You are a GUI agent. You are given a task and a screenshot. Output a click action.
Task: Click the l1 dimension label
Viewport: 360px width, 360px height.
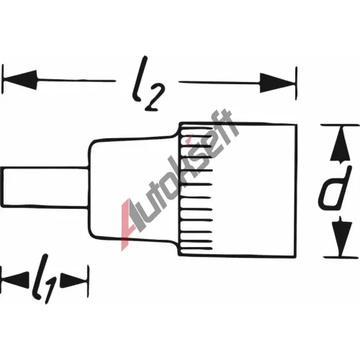[x=45, y=279]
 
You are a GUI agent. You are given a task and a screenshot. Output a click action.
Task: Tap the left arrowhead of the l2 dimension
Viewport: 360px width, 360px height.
[x=19, y=80]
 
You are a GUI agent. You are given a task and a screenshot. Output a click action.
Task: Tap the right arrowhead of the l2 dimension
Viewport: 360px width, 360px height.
[x=278, y=83]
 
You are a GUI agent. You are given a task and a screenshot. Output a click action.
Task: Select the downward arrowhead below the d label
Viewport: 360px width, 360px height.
[x=341, y=236]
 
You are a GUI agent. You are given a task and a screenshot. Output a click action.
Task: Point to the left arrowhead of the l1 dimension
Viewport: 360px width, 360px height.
[x=15, y=280]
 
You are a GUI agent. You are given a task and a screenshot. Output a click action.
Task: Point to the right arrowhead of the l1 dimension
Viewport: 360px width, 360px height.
[x=73, y=281]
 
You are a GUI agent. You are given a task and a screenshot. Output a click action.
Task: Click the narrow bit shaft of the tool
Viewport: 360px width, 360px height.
[x=45, y=187]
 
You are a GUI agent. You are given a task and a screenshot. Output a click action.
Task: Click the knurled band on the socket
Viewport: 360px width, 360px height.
[x=196, y=189]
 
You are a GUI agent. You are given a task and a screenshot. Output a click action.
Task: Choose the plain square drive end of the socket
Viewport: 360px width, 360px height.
[x=254, y=190]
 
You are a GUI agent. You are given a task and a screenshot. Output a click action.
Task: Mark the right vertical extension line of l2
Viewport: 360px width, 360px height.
[x=297, y=83]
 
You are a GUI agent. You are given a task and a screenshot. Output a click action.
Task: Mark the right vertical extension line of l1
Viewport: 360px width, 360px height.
[x=88, y=282]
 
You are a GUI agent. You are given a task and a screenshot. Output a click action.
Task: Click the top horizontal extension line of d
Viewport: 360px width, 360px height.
[x=340, y=125]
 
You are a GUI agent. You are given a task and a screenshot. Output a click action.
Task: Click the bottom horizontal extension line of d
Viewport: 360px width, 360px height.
[x=341, y=257]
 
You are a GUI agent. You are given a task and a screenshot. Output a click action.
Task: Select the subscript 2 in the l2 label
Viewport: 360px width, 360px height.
[x=156, y=99]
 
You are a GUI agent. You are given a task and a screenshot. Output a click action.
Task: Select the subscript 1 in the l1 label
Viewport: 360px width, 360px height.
[x=50, y=291]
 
